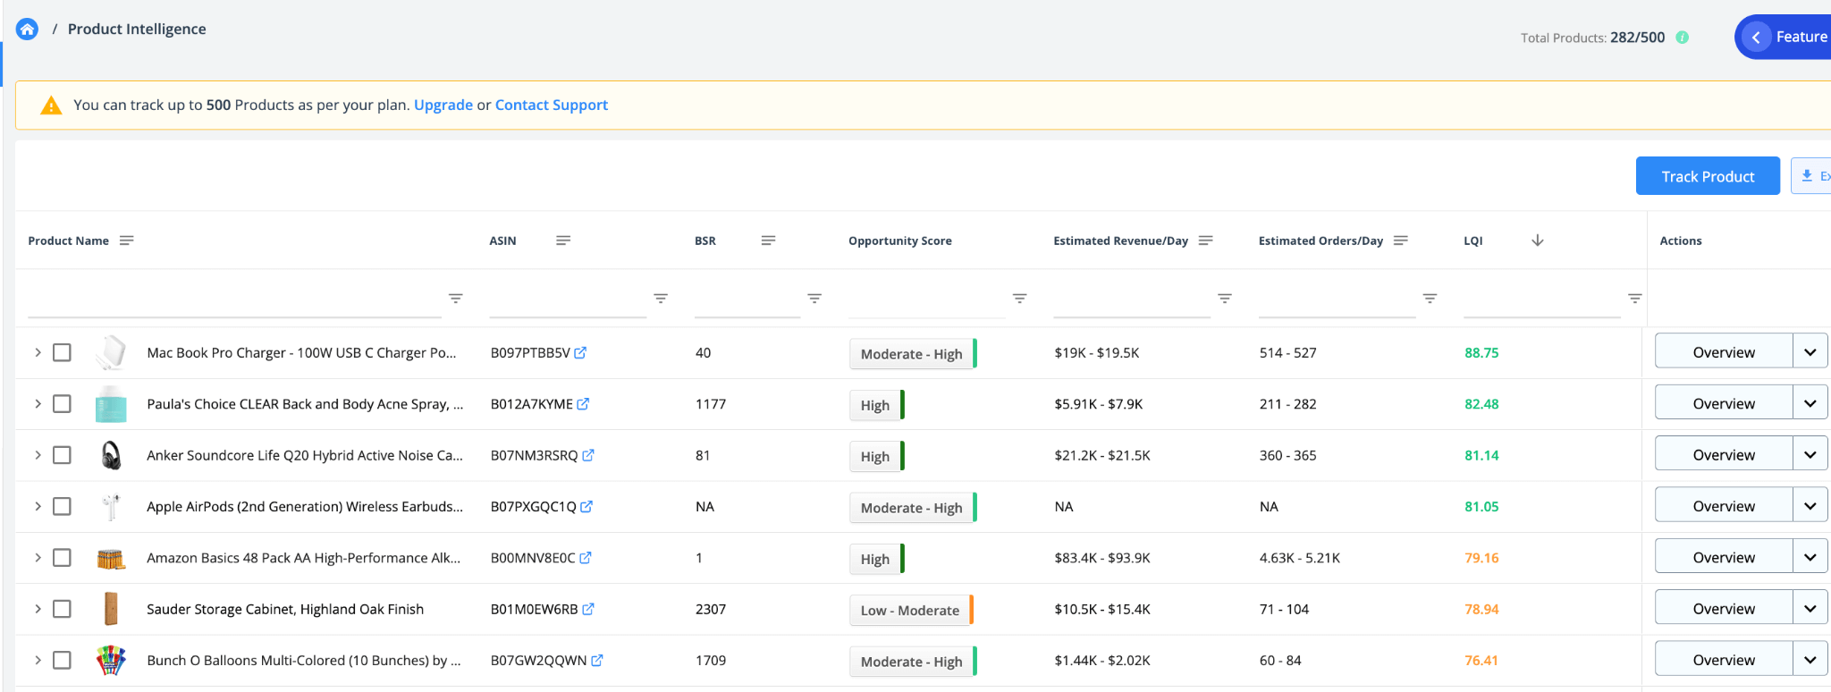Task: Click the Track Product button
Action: click(x=1707, y=176)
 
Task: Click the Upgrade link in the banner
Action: click(x=443, y=105)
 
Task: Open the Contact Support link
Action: click(x=551, y=105)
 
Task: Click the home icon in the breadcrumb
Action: click(x=28, y=30)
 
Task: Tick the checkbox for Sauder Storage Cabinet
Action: click(x=62, y=609)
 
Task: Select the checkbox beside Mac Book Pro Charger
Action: click(x=62, y=352)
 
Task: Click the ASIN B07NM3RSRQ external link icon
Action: click(x=588, y=455)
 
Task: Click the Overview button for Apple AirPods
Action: click(x=1723, y=506)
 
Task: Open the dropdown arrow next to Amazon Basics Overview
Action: click(x=1810, y=557)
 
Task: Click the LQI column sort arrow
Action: click(x=1538, y=241)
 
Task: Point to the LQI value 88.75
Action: click(x=1481, y=352)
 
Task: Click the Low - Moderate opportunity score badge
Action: click(x=909, y=610)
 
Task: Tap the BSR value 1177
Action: click(x=711, y=404)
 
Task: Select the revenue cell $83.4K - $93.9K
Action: click(x=1101, y=558)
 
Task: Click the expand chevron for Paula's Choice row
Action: click(x=38, y=404)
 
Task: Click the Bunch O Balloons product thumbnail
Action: click(x=111, y=660)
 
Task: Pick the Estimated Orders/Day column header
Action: click(x=1321, y=241)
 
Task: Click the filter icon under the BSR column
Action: click(x=814, y=298)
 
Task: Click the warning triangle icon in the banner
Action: click(x=51, y=105)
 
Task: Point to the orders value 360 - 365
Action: click(x=1287, y=455)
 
